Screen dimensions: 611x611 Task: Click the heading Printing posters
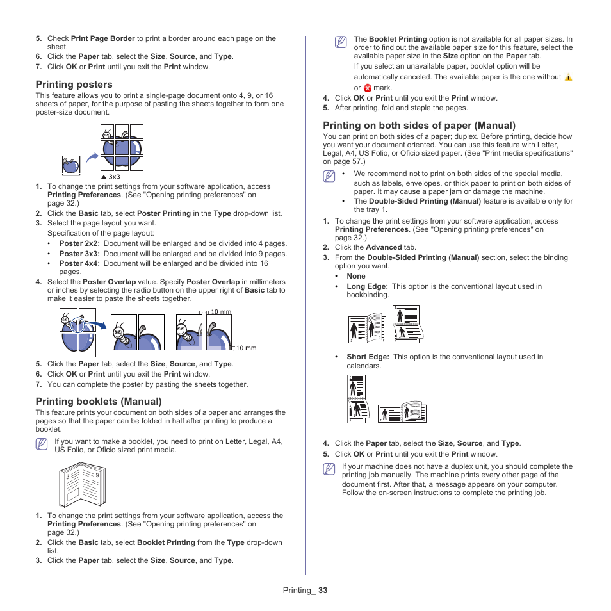coord(74,85)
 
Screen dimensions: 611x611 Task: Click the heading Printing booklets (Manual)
coord(98,402)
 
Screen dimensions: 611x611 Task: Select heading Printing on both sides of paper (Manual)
coord(419,126)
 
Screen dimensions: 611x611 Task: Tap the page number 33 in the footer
coord(322,591)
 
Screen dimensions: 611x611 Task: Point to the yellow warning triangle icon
coord(568,77)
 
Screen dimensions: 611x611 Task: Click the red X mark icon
coord(367,88)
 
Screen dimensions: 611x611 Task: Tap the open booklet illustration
coord(82,485)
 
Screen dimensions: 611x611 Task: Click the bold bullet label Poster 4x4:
coord(80,263)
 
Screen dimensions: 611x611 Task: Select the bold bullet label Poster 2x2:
coord(80,243)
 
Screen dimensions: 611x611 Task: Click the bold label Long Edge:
coord(367,286)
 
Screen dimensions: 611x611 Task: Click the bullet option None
coord(356,276)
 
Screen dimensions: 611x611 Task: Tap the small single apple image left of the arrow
coord(70,165)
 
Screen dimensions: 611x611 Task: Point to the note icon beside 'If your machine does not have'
coord(329,470)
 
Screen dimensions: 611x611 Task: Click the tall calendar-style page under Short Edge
coord(357,399)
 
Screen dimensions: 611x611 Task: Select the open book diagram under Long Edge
coord(369,329)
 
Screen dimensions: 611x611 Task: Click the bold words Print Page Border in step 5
coord(102,38)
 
